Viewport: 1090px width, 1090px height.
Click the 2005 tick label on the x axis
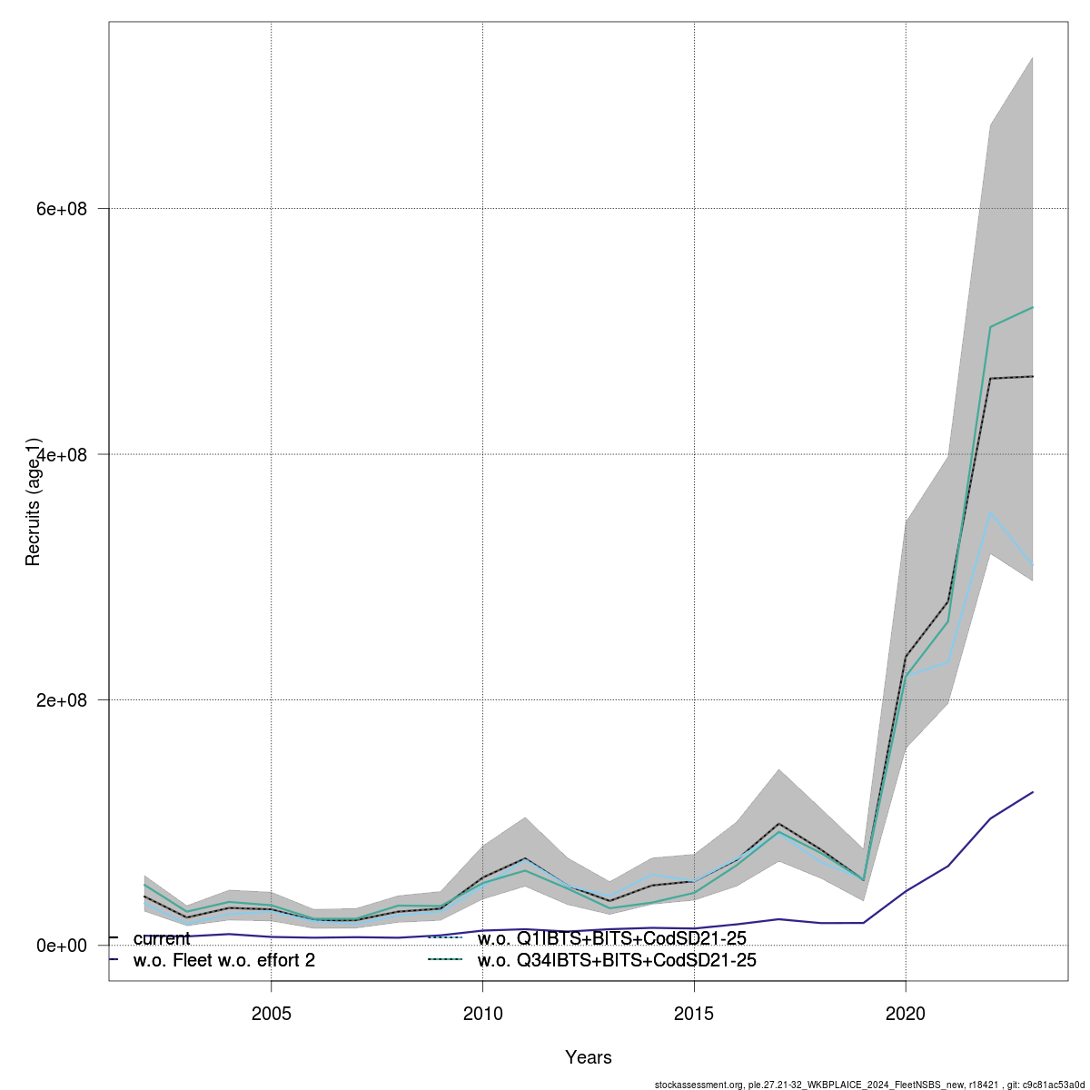[x=271, y=1013]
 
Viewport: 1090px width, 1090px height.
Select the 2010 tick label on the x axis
[x=482, y=1013]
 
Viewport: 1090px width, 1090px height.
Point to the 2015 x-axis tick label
[x=694, y=1013]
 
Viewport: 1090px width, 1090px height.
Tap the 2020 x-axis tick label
[x=906, y=1013]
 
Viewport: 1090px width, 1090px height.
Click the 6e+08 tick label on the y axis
[x=60, y=209]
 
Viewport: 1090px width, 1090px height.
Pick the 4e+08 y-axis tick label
[x=60, y=454]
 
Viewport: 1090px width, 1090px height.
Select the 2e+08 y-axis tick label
[x=60, y=700]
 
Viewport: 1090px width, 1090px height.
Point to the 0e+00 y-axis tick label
[x=60, y=946]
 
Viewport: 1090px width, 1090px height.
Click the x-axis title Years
[x=588, y=1057]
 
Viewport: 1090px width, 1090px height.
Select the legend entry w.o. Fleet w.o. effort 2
[x=223, y=960]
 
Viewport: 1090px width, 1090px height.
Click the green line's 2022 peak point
[x=990, y=327]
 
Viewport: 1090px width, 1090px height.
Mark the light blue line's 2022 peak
[x=990, y=512]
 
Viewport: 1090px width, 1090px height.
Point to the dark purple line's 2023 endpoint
[x=1033, y=792]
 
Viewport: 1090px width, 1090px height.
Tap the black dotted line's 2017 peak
[x=778, y=824]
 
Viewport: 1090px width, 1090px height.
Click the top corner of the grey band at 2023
[x=1033, y=57]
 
